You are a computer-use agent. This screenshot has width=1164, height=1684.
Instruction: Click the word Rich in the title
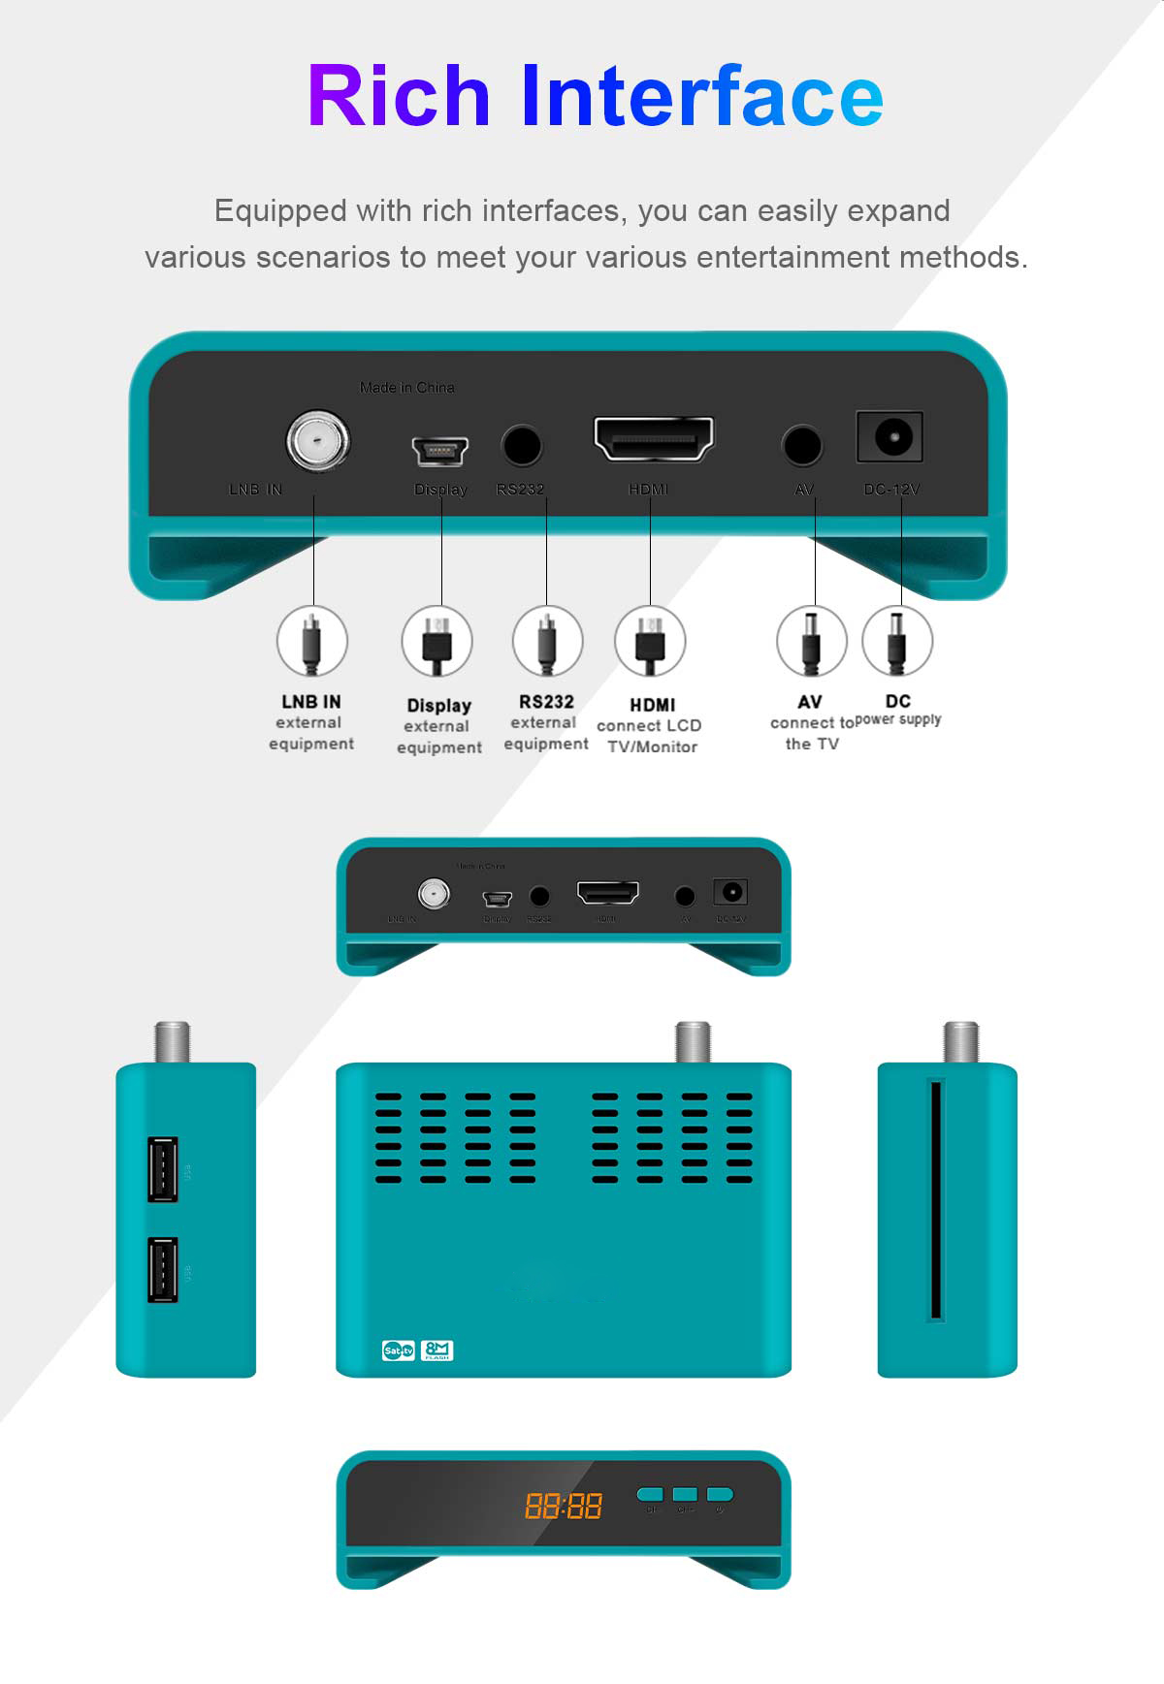click(x=399, y=96)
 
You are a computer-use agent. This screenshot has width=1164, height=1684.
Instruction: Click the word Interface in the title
click(x=701, y=96)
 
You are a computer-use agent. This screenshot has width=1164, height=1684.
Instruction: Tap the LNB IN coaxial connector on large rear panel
click(x=318, y=441)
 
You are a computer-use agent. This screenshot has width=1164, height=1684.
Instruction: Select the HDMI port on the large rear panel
click(x=654, y=439)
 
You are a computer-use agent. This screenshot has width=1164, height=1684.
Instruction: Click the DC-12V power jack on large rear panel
click(x=889, y=437)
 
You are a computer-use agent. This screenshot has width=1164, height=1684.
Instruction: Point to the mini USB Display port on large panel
click(x=440, y=451)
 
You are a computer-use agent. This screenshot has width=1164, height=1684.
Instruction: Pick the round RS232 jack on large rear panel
click(x=521, y=446)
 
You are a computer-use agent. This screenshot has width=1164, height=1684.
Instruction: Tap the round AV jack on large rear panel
click(x=802, y=446)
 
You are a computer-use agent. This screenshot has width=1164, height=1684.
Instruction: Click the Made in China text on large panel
click(x=406, y=388)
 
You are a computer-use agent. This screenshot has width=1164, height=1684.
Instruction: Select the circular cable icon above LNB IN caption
click(x=311, y=641)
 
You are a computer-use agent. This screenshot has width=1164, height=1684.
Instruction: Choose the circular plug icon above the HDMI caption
click(x=650, y=641)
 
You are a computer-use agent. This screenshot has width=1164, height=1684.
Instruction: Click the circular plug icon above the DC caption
click(x=897, y=641)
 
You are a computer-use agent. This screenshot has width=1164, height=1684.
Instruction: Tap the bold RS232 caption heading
click(x=546, y=701)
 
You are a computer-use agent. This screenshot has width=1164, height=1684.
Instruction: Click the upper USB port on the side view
click(x=163, y=1169)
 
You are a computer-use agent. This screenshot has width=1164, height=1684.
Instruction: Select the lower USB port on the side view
click(x=163, y=1269)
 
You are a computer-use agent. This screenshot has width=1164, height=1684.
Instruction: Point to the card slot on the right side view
click(x=936, y=1200)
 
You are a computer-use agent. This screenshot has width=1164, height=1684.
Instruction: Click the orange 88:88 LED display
click(x=564, y=1506)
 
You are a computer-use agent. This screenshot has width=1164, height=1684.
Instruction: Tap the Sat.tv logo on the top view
click(x=399, y=1350)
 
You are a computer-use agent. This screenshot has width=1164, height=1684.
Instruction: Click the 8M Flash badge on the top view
click(x=437, y=1350)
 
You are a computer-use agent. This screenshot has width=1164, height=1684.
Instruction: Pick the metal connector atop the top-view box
click(x=693, y=1042)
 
